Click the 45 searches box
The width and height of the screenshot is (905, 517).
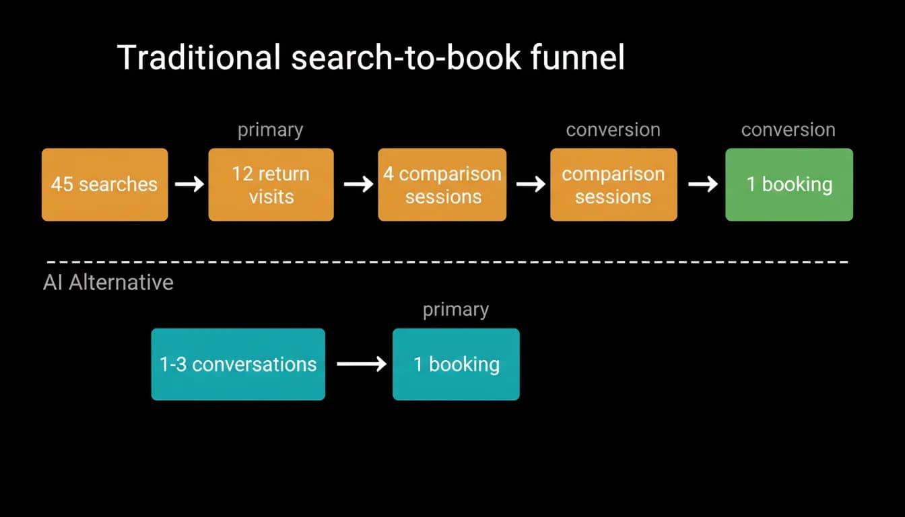pos(104,184)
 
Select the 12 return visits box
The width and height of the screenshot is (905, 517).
pos(271,184)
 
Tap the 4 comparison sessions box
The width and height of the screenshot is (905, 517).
pos(442,184)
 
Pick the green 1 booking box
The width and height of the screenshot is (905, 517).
pos(789,184)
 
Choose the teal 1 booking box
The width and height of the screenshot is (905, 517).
pos(456,364)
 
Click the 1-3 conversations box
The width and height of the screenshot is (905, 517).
pos(238,364)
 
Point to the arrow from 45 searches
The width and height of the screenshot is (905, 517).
pos(189,184)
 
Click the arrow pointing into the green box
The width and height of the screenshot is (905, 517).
pos(703,184)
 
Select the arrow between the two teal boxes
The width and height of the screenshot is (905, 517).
pos(362,364)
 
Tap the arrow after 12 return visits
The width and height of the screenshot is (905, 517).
pos(359,184)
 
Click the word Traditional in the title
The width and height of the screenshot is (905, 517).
pos(199,57)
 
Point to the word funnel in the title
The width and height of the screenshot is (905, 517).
pos(578,57)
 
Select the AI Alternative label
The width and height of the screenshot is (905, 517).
pos(108,282)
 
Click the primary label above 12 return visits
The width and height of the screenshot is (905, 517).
pos(270,131)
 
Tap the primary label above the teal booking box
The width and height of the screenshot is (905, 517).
pos(456,310)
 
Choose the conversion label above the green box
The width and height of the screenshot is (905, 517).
pos(789,130)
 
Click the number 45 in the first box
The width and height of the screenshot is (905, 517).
pos(62,184)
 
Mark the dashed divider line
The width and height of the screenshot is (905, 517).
pos(447,262)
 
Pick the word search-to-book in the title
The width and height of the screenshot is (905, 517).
pos(405,57)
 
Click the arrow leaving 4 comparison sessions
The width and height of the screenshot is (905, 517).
pos(531,184)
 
